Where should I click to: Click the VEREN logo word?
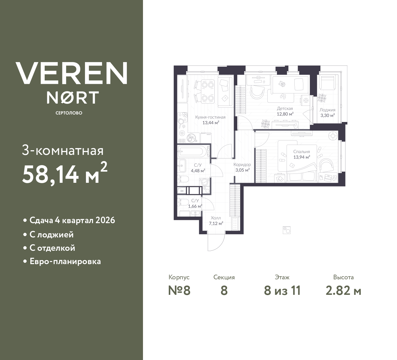click(x=71, y=73)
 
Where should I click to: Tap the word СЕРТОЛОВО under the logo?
click(x=69, y=113)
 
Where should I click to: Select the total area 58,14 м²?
click(x=65, y=174)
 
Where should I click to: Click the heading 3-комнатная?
click(x=63, y=151)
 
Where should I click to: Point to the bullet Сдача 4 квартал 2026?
click(x=72, y=220)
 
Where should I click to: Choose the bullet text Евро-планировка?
click(x=65, y=261)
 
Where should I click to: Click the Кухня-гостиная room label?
click(x=210, y=117)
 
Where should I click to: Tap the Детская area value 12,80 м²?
click(x=285, y=114)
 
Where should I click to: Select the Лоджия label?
click(x=327, y=110)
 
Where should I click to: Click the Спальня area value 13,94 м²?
click(x=302, y=157)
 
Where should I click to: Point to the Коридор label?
click(x=242, y=164)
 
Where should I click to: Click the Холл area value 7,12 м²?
click(x=216, y=223)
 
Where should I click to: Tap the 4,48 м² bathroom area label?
click(x=198, y=171)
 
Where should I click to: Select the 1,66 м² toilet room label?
click(x=195, y=206)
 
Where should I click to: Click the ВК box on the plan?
click(x=182, y=191)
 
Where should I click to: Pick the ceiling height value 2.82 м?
click(x=343, y=291)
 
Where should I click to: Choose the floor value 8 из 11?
click(x=282, y=291)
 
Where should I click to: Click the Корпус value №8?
click(x=179, y=291)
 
